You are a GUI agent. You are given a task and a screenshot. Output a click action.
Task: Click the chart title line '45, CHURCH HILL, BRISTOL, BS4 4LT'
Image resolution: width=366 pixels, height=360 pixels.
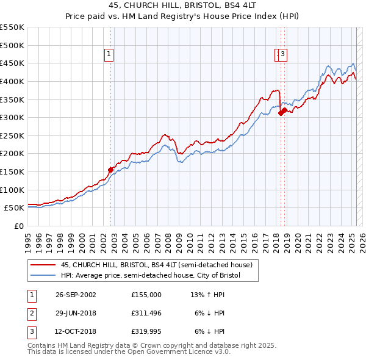pos(183,6)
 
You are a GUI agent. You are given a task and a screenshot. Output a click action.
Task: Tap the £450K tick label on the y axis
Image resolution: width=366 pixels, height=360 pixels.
pos(12,63)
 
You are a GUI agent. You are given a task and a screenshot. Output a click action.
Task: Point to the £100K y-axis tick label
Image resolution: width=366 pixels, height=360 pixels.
pos(12,190)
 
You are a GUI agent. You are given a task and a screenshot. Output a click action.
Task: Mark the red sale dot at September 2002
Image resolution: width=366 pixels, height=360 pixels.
pos(111,170)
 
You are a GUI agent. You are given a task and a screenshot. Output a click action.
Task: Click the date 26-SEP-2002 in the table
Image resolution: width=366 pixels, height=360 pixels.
pos(75,294)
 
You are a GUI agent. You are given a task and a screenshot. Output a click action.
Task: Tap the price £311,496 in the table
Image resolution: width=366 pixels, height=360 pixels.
pos(146,313)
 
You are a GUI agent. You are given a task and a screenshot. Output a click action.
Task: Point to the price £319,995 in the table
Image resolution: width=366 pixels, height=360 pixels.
pos(146,332)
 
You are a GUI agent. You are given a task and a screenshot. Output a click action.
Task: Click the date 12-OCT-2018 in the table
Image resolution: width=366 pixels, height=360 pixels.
pos(75,332)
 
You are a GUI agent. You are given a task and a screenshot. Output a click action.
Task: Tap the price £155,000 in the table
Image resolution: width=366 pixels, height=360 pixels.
pos(146,294)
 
